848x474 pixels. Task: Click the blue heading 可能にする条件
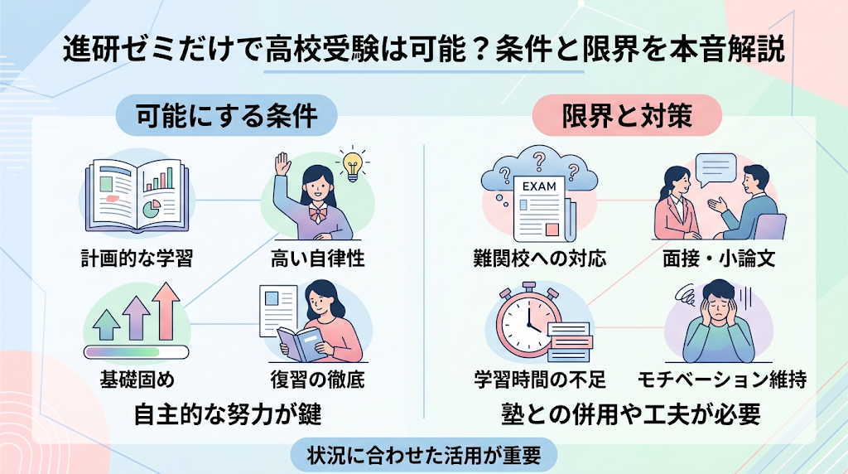pyautogui.click(x=227, y=115)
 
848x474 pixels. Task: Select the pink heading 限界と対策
pyautogui.click(x=627, y=115)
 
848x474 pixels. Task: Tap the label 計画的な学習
pyautogui.click(x=137, y=258)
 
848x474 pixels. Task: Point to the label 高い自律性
pyautogui.click(x=317, y=258)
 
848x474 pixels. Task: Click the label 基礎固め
pyautogui.click(x=137, y=380)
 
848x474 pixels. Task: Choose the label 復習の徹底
pyautogui.click(x=317, y=380)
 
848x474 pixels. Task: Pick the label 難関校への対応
pyautogui.click(x=539, y=258)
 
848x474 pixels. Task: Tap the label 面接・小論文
pyautogui.click(x=719, y=258)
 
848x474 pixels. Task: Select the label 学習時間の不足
pyautogui.click(x=539, y=380)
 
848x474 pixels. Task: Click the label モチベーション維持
pyautogui.click(x=721, y=380)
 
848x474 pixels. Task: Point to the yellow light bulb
pyautogui.click(x=353, y=165)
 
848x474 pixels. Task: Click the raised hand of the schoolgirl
pyautogui.click(x=282, y=164)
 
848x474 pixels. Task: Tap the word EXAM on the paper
pyautogui.click(x=539, y=186)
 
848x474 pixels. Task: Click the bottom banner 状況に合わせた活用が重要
pyautogui.click(x=424, y=455)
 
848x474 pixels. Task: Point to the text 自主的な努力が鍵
pyautogui.click(x=227, y=414)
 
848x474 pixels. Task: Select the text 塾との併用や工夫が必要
pyautogui.click(x=630, y=414)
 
